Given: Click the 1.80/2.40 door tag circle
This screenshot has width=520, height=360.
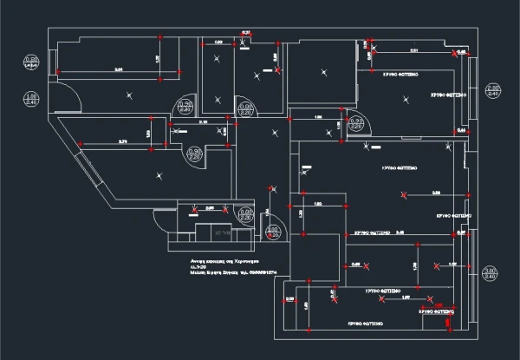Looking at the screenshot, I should click(x=31, y=98).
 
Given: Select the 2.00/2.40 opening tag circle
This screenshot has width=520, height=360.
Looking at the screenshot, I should click(x=493, y=92).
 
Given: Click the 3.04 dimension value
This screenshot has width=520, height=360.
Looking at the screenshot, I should click(x=118, y=69).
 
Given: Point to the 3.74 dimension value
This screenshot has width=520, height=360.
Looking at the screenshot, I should click(x=122, y=141).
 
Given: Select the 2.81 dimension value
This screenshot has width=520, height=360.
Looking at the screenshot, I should click(x=413, y=51).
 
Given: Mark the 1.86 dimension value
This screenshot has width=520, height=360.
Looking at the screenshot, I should click(x=318, y=117).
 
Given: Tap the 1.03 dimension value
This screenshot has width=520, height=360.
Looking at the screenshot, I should click(x=218, y=43).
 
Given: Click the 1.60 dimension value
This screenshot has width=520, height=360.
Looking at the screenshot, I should click(x=317, y=204).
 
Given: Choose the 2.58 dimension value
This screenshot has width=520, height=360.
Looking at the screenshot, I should click(x=435, y=191).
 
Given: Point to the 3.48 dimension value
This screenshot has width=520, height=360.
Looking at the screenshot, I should click(x=400, y=232).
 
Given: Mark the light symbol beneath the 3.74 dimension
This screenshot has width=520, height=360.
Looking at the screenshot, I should click(x=159, y=176).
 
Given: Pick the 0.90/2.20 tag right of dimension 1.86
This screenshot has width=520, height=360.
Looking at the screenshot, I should click(x=355, y=122).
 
